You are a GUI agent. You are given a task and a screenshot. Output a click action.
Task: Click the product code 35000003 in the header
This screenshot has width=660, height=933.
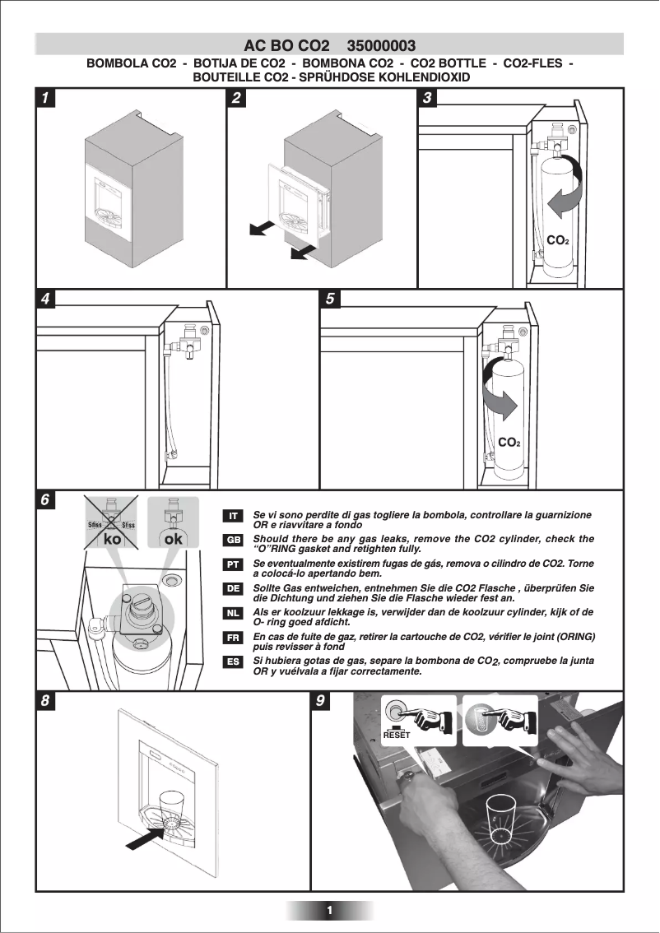381,45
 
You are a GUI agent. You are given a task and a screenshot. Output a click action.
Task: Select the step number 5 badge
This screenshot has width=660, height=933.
329,299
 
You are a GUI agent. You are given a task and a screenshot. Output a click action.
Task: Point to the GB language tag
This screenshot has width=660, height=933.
234,540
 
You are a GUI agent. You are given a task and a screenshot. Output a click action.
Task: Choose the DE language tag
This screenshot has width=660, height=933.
234,589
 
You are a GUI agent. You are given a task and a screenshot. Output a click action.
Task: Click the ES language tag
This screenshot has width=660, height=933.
234,661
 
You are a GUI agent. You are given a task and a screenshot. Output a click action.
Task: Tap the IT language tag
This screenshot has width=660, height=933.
234,516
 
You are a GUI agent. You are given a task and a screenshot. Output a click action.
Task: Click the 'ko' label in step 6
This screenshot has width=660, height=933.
113,539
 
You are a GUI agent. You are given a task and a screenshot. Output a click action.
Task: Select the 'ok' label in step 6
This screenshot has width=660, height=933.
173,539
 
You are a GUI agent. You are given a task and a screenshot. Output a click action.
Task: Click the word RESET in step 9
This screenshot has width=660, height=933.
396,736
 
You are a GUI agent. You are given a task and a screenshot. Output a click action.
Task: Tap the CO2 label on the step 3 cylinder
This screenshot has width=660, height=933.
558,240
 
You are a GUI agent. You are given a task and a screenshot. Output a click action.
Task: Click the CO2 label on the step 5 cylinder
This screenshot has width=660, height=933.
509,443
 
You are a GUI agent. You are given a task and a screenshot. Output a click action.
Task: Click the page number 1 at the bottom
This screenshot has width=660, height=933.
329,910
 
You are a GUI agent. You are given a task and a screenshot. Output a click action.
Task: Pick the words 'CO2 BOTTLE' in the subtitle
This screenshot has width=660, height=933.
448,63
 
